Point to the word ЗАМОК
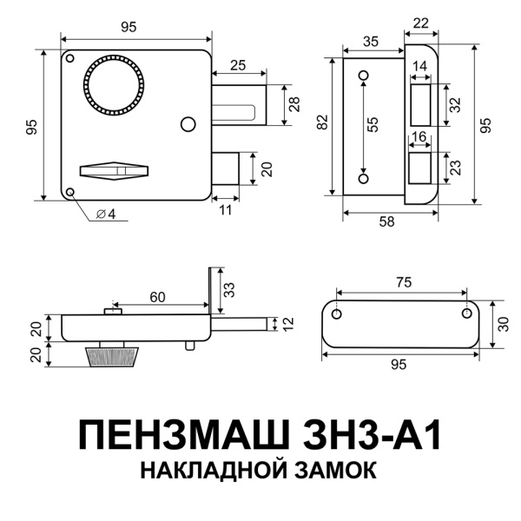(329, 471)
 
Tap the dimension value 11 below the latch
(225, 210)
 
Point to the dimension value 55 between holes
(373, 124)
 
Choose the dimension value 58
(387, 222)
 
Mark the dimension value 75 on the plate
(401, 283)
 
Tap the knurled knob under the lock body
(110, 356)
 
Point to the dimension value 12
(289, 323)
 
